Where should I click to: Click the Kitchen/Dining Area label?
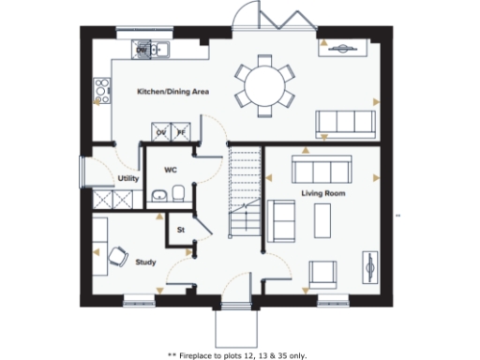[172, 92]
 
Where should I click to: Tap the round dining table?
[262, 83]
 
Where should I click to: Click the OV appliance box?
[162, 133]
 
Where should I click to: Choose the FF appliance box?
[182, 133]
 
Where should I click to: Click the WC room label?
[171, 170]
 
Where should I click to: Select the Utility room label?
[128, 178]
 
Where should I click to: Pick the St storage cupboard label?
[180, 228]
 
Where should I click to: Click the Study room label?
[145, 262]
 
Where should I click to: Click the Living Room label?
[323, 193]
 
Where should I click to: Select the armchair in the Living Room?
[322, 271]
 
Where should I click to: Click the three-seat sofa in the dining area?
[345, 123]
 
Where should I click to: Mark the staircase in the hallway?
[244, 197]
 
